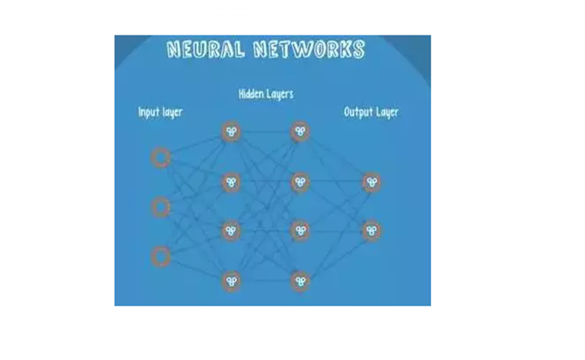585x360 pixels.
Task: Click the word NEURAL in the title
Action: [x=206, y=49]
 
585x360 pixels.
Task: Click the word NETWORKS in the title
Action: [x=309, y=49]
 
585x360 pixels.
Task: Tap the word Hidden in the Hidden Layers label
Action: [x=250, y=93]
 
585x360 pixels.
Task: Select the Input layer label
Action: [x=160, y=112]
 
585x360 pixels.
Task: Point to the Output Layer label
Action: [x=370, y=112]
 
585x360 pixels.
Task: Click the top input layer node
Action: [x=160, y=157]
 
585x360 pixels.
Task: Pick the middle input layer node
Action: [x=160, y=207]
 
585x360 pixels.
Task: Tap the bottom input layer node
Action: [x=160, y=256]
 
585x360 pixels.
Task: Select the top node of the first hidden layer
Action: [x=231, y=132]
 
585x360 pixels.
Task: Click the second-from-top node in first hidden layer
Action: [x=231, y=182]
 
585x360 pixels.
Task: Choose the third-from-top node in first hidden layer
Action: [x=231, y=231]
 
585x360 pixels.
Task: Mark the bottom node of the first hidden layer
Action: [x=231, y=281]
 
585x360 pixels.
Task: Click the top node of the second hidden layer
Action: [x=300, y=131]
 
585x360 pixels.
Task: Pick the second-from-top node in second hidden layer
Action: [x=300, y=182]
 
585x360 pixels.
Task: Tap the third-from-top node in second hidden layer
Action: [x=300, y=231]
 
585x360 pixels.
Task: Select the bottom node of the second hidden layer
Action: [x=300, y=281]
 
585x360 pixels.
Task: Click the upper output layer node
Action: [x=371, y=182]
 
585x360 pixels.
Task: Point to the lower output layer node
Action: [x=371, y=231]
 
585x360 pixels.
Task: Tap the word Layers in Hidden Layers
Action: [x=279, y=94]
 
